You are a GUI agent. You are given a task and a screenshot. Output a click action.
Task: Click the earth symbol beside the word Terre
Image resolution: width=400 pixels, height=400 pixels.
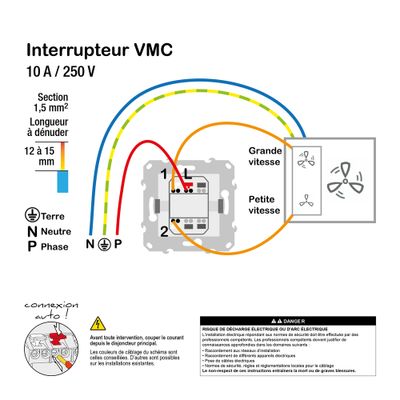point(32,214)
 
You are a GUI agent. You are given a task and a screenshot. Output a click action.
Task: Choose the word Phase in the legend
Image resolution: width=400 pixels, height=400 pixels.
point(59,246)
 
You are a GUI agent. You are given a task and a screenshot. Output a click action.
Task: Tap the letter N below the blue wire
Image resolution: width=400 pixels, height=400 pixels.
point(90,244)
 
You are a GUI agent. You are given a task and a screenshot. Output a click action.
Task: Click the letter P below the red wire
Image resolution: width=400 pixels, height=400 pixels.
point(117,244)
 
